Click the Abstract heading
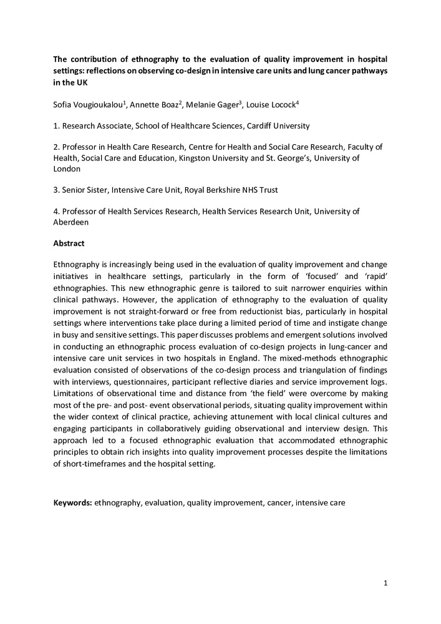68,243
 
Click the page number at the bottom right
386,583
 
